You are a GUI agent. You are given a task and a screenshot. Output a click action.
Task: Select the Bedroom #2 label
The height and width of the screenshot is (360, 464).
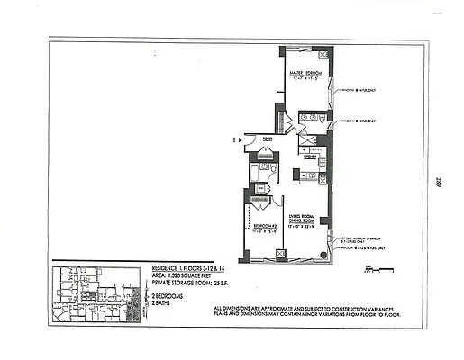[x=262, y=225]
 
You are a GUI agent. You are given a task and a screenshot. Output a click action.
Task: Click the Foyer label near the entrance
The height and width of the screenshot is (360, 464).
[x=268, y=139]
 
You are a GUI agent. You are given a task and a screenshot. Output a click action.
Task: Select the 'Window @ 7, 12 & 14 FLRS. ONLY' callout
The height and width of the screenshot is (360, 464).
[x=362, y=247]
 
